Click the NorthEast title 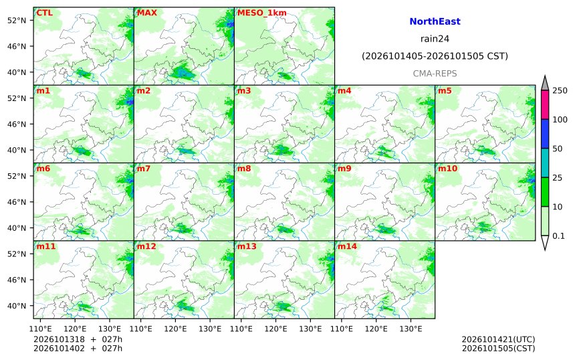click(435, 21)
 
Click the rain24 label click(435, 39)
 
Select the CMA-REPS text click(435, 74)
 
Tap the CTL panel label click(44, 13)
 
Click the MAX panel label click(146, 13)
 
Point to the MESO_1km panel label click(262, 13)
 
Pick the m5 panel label click(445, 90)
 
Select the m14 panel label click(347, 246)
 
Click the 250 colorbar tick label click(560, 90)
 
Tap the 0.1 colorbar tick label click(558, 236)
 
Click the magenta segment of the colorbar click(544, 104)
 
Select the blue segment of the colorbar click(544, 134)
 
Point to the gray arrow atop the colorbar click(544, 84)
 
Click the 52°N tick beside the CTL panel click(17, 20)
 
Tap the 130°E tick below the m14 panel click(411, 329)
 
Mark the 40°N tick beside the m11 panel click(17, 306)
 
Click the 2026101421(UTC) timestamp click(498, 339)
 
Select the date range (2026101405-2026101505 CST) click(435, 56)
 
